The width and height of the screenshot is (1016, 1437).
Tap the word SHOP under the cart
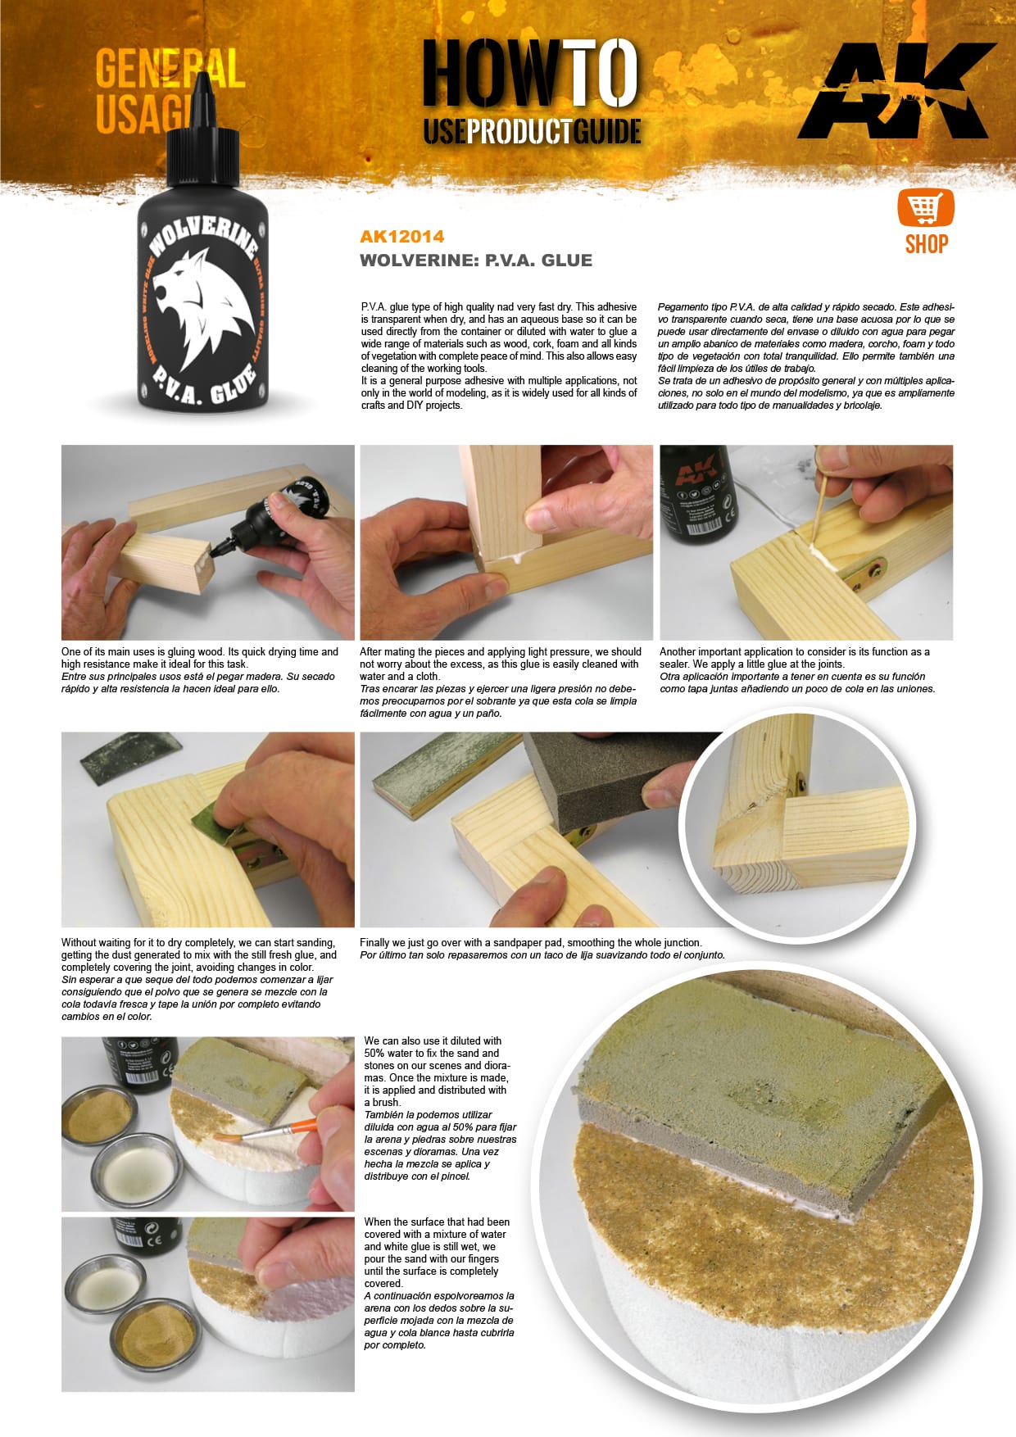pos(926,244)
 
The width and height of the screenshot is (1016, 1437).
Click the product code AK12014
pos(401,237)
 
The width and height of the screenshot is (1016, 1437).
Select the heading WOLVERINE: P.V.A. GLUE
pos(475,261)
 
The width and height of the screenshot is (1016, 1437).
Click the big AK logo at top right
pos(896,90)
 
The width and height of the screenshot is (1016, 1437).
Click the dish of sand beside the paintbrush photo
pos(103,1118)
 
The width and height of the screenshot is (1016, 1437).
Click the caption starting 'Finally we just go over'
pos(530,943)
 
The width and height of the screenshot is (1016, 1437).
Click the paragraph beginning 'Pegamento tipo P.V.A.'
pos(805,356)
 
